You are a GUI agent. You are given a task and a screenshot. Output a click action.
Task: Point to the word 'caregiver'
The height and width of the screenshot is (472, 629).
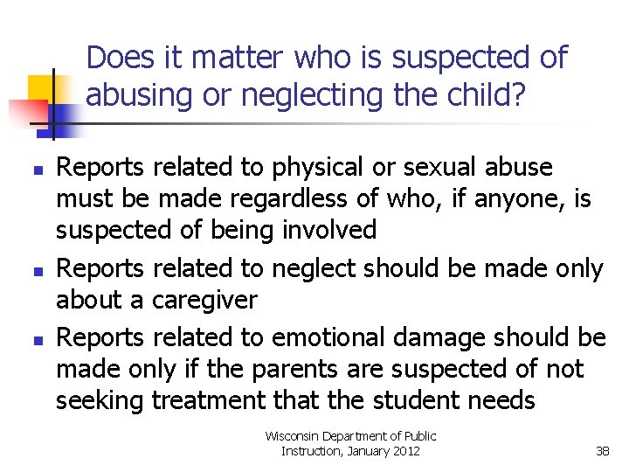point(204,300)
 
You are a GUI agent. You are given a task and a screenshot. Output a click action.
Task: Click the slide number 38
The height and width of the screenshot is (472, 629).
point(602,451)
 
